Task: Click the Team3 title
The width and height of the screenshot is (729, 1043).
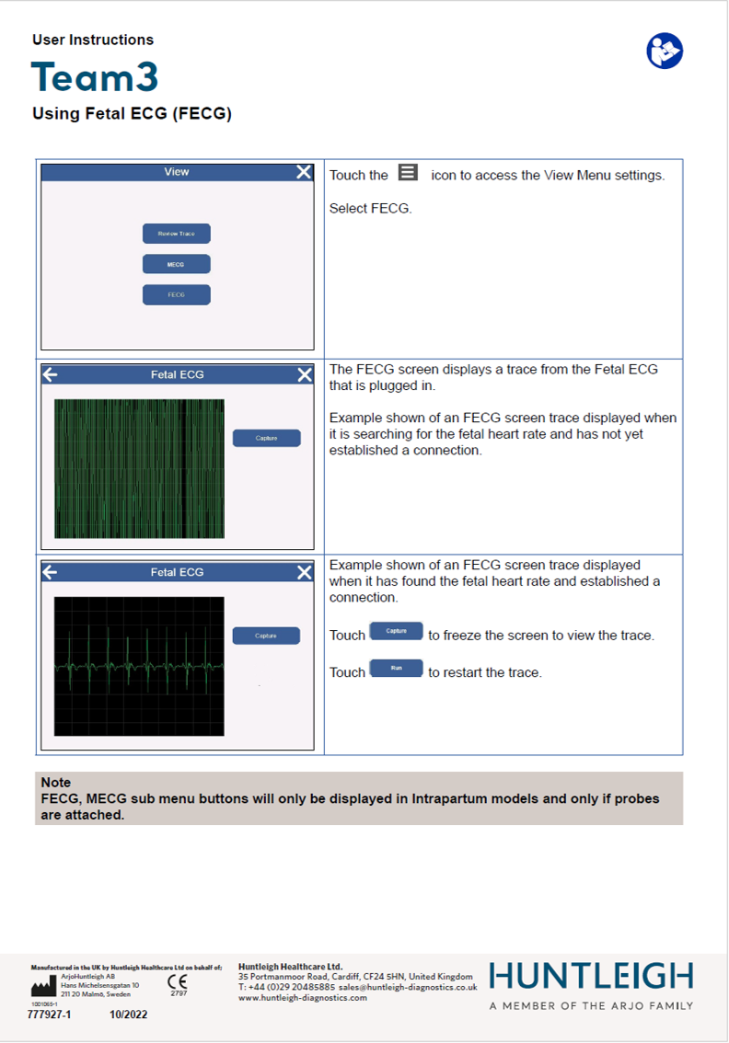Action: (x=95, y=78)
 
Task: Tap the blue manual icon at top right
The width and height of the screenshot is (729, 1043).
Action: (x=665, y=51)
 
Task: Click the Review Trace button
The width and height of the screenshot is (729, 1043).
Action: (x=176, y=234)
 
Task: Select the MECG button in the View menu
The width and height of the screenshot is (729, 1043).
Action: (x=176, y=264)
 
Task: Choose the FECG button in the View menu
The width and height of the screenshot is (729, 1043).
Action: (x=176, y=295)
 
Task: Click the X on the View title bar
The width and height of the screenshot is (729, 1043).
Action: (x=304, y=172)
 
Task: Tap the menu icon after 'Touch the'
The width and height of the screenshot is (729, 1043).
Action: (x=409, y=173)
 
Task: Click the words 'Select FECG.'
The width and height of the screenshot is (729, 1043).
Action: (x=370, y=208)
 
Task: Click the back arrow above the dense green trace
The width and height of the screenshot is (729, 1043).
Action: (x=51, y=374)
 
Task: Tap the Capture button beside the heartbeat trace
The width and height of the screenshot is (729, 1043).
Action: (x=266, y=636)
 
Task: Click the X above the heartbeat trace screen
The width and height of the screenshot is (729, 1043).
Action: (x=305, y=572)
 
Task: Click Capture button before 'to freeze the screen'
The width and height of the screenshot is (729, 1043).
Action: (x=396, y=631)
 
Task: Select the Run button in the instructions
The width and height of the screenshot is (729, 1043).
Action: (x=396, y=669)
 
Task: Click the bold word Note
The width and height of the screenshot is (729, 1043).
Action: (x=56, y=783)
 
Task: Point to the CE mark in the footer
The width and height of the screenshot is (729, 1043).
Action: (x=178, y=982)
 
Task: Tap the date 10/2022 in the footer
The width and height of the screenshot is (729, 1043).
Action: (x=128, y=1015)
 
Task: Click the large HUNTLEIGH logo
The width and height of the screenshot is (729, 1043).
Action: (x=591, y=976)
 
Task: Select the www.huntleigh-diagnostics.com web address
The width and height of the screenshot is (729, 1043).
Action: (x=302, y=997)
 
